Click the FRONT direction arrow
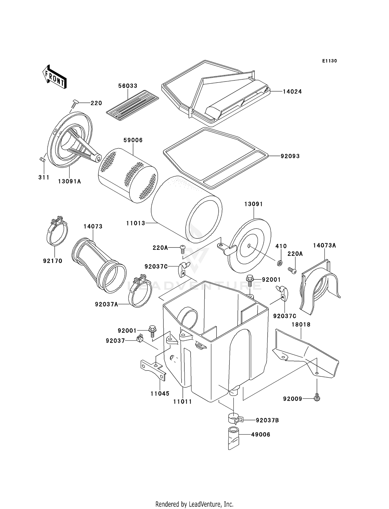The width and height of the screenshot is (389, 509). coord(54,77)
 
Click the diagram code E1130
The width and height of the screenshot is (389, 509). coord(329,61)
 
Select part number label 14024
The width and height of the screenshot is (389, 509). coord(292,92)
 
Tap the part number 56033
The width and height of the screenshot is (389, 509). coord(128,86)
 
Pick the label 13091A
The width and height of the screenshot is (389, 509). coord(69,182)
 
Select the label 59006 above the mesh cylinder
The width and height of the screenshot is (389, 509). coord(133,140)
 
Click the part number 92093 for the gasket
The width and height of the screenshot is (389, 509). coord(290,156)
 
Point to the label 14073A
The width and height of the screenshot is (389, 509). coord(324,245)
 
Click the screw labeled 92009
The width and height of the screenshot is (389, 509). coord(317,397)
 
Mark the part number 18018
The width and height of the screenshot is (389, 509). coord(301,325)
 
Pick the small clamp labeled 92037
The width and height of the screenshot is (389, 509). coord(140,338)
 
